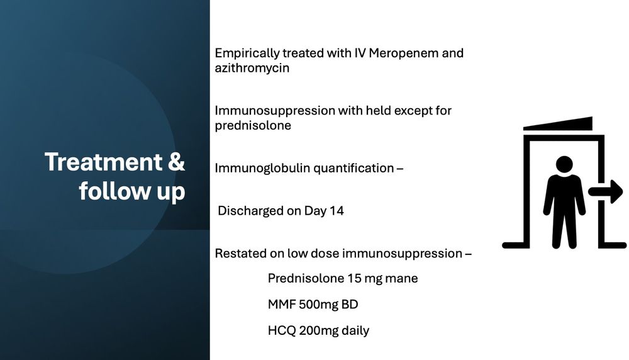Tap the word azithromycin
coord(252,68)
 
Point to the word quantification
coord(353,168)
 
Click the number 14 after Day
coord(337,211)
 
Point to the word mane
coord(401,279)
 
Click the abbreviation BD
coord(350,305)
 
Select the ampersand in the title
coord(177,162)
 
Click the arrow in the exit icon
coord(606,191)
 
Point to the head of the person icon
coord(564,164)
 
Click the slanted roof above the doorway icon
coord(558,123)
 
